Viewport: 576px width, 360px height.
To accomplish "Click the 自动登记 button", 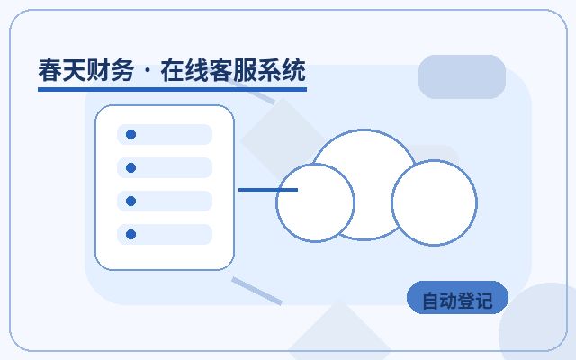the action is coord(457,298).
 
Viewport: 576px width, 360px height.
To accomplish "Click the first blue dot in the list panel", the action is coord(130,134).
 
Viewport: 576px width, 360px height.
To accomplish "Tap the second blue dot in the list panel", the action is coord(130,168).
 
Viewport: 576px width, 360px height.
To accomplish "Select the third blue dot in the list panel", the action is coord(130,201).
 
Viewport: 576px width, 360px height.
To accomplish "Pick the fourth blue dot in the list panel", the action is coord(130,234).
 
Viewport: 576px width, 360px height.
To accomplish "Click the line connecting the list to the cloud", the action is coord(268,190).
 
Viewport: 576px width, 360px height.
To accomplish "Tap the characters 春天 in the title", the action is coord(62,70).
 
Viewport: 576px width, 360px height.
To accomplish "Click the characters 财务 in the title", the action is coord(110,70).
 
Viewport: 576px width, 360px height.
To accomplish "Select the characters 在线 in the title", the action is coord(184,70).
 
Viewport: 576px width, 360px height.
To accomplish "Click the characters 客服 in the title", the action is coord(232,70).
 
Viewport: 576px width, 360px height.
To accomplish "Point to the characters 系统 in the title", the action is coord(282,70).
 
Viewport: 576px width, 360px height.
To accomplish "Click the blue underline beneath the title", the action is coord(172,89).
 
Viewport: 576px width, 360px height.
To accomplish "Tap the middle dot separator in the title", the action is coord(148,70).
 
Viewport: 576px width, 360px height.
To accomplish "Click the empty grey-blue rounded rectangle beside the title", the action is coord(462,76).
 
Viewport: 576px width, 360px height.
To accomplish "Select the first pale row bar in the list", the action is coord(165,134).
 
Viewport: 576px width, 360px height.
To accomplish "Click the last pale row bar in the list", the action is coord(165,234).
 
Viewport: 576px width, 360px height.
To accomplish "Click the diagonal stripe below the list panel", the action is coord(256,292).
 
